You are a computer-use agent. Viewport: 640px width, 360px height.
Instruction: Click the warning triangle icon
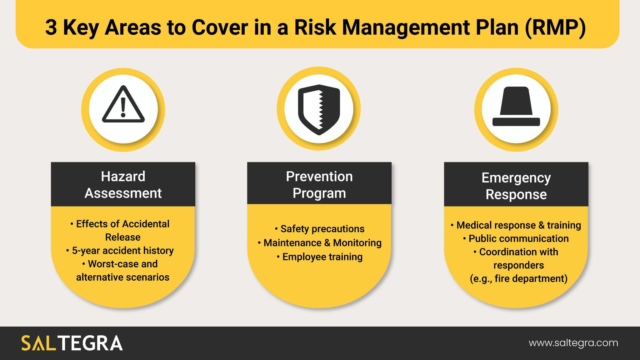coord(123,105)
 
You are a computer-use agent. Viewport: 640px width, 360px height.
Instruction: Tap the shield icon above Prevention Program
coord(319,109)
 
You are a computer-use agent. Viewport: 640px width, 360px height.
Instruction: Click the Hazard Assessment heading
coord(123,185)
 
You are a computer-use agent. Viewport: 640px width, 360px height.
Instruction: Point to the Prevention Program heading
coord(319,185)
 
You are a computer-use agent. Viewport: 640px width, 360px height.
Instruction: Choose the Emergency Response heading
coord(516,186)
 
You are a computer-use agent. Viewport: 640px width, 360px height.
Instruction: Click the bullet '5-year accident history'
coord(122,251)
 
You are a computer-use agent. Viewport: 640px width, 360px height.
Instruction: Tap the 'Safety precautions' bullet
coord(322,229)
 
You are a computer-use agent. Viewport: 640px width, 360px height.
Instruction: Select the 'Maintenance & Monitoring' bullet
coord(322,243)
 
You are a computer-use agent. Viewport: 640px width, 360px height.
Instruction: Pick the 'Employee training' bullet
coord(322,257)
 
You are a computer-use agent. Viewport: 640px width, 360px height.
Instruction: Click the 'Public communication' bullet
coord(518,238)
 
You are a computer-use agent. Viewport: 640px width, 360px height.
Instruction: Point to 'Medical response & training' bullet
coord(518,225)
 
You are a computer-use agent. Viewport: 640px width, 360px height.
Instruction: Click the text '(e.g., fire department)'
coord(518,278)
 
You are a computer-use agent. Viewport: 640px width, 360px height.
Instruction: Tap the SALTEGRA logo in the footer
coord(72,343)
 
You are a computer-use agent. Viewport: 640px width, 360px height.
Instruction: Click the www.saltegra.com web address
coord(573,343)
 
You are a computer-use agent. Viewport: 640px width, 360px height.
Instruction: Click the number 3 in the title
coord(51,27)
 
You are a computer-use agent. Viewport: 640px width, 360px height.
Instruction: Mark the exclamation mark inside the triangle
coord(123,107)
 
